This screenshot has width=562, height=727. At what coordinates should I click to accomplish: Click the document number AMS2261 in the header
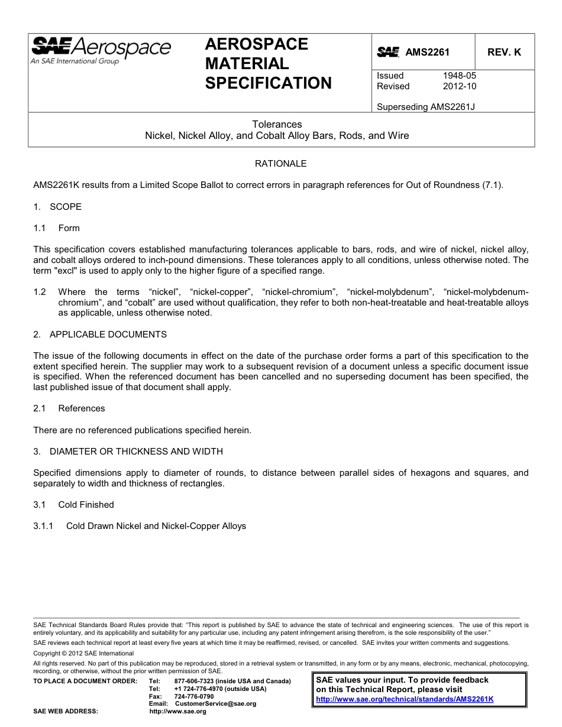point(427,52)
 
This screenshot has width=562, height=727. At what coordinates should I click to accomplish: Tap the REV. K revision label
point(504,52)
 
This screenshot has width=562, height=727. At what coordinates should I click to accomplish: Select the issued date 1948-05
point(459,76)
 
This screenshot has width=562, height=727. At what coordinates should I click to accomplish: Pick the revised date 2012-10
point(459,86)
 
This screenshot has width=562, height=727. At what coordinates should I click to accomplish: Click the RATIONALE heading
point(280,163)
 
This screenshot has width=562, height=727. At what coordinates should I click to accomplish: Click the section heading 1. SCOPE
point(57,207)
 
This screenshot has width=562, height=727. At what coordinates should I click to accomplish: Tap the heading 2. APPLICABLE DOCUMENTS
point(100,335)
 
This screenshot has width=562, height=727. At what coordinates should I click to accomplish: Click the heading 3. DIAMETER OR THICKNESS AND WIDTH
point(128,452)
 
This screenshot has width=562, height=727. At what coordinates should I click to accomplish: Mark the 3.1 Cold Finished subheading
point(74,505)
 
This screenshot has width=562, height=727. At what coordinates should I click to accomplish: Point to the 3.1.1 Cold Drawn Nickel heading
point(140,526)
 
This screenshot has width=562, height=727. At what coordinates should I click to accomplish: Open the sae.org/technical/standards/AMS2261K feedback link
point(405,699)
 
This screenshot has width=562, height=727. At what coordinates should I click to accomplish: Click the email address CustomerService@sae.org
point(215,703)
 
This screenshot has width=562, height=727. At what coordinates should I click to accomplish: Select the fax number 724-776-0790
point(194,696)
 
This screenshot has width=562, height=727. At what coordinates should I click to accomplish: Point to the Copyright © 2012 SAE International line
point(83,653)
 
